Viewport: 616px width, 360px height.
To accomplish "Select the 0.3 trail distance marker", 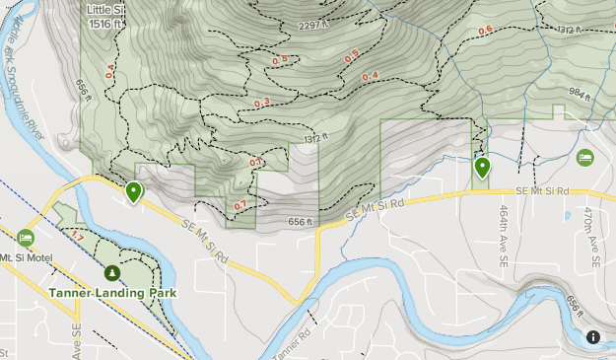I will [x=262, y=103].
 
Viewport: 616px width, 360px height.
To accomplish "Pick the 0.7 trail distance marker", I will [x=240, y=205].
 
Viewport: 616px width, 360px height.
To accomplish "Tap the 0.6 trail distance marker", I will [x=485, y=31].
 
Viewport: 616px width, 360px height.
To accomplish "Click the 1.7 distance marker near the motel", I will [x=76, y=237].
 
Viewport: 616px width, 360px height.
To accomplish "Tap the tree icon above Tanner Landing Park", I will [x=111, y=272].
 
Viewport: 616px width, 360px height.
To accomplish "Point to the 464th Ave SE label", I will [x=503, y=237].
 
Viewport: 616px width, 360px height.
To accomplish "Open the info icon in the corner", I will [x=593, y=337].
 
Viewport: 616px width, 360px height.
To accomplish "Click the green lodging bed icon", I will [x=585, y=157].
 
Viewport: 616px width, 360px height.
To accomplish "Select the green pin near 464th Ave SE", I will [x=482, y=168].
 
